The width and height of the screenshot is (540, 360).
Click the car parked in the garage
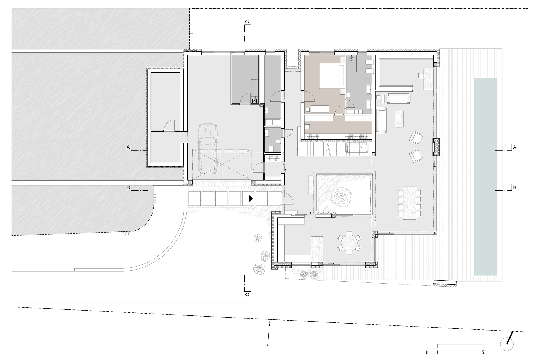pos(207,149)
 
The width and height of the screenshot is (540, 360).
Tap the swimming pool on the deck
pos(485,177)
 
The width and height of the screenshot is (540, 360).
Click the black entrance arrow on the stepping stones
pos(251,199)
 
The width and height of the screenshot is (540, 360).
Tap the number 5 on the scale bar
pos(483,352)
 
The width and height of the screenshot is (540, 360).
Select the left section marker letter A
pos(128,147)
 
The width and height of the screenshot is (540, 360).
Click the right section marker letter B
pos(515,187)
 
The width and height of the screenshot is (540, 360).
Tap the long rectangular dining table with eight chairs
pos(409,203)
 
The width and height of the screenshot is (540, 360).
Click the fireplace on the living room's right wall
pos(436,147)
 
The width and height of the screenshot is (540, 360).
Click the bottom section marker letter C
pos(247,294)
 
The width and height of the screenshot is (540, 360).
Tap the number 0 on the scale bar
pos(427,352)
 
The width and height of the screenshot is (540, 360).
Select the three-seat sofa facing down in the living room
pos(398,98)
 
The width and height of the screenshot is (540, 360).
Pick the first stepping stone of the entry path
pos(195,198)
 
